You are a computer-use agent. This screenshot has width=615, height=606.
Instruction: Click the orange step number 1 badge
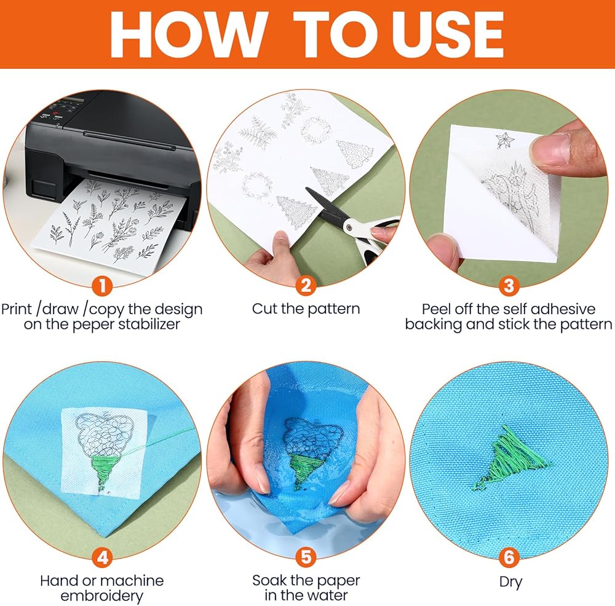[102, 286]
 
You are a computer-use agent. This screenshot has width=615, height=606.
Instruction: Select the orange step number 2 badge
[306, 286]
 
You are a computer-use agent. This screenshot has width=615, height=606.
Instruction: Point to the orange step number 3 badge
[509, 286]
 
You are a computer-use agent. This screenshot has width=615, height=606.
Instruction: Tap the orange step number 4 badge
[102, 557]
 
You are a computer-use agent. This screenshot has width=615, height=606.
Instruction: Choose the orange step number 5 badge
[306, 557]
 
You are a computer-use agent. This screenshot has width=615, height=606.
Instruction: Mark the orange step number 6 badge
[509, 557]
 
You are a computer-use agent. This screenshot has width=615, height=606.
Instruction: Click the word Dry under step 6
[510, 582]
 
